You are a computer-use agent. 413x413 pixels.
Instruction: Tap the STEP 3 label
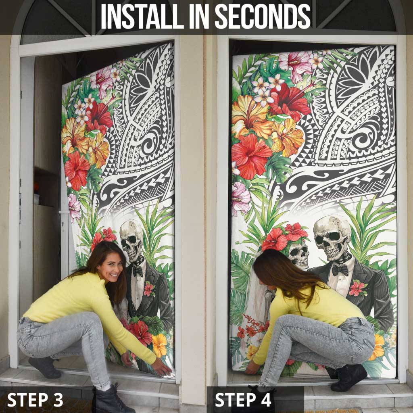tap(35, 399)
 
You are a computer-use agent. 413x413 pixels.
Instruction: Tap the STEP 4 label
tap(243, 399)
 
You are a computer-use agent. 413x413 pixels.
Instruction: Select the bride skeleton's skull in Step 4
tap(299, 254)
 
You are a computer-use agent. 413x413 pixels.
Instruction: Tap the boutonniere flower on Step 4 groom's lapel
tap(357, 288)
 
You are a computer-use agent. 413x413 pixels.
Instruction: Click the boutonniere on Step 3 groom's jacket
tap(149, 288)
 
